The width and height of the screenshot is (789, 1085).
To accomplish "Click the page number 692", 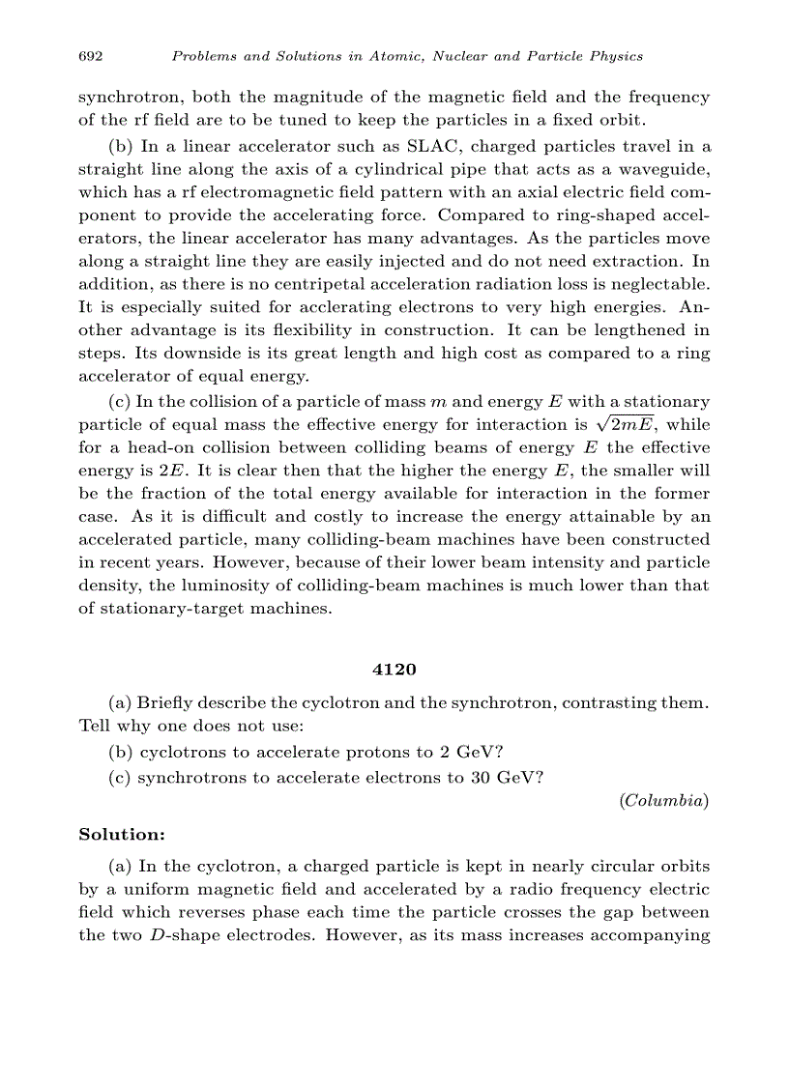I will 91,56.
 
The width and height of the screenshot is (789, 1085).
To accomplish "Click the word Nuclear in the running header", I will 453,56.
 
